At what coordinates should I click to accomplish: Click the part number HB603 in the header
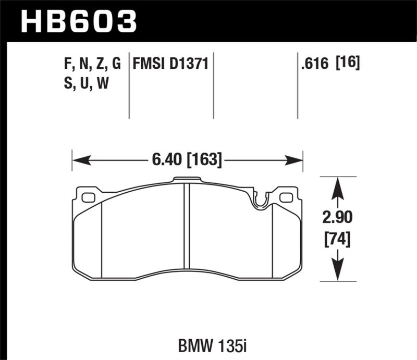pos(78,21)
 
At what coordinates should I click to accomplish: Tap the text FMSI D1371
pos(170,65)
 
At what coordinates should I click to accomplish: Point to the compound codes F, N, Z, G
pos(91,65)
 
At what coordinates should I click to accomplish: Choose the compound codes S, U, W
pos(86,83)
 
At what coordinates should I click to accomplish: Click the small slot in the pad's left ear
pos(89,197)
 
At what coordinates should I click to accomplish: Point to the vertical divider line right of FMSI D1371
pos(215,86)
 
